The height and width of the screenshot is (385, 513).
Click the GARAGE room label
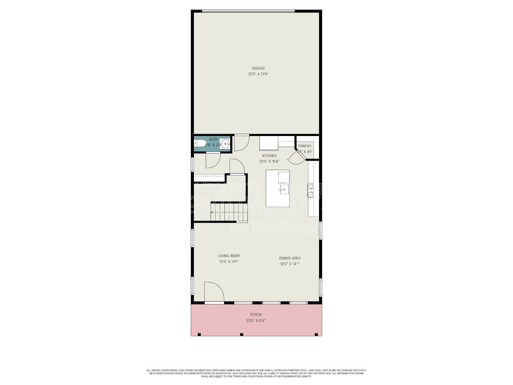(258, 68)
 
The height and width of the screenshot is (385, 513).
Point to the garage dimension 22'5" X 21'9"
(258, 74)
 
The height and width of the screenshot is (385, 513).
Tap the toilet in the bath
(201, 143)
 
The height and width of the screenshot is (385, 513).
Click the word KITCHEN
(269, 156)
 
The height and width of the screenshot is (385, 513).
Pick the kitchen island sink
(284, 189)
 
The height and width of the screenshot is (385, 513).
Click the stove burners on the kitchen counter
(310, 190)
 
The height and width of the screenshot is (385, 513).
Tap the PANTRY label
(305, 146)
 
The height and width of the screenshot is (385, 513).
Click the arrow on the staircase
(213, 212)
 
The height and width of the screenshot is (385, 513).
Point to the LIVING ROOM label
(229, 256)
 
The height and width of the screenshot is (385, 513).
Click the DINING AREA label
(290, 258)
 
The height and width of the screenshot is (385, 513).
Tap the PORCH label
(256, 315)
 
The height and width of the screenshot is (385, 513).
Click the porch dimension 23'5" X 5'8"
(256, 321)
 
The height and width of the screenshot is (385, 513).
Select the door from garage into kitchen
(241, 143)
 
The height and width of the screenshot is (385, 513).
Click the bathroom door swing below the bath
(212, 160)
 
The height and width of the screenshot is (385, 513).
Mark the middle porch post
(242, 335)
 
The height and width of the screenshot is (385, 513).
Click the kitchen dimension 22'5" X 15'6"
(269, 162)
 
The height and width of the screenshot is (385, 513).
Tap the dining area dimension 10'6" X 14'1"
(290, 264)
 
